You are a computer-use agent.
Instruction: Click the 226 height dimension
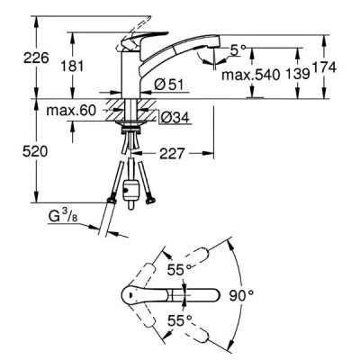(x=36, y=58)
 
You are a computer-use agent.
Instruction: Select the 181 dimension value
(x=72, y=66)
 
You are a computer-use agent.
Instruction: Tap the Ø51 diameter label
(x=169, y=85)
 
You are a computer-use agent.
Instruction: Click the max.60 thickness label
(x=71, y=111)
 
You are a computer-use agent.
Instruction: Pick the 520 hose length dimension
(x=35, y=152)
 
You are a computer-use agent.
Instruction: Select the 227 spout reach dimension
(x=172, y=154)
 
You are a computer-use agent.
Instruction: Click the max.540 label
(x=250, y=75)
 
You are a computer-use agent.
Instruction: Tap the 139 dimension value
(x=297, y=74)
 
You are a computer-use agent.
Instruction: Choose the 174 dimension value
(x=324, y=67)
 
